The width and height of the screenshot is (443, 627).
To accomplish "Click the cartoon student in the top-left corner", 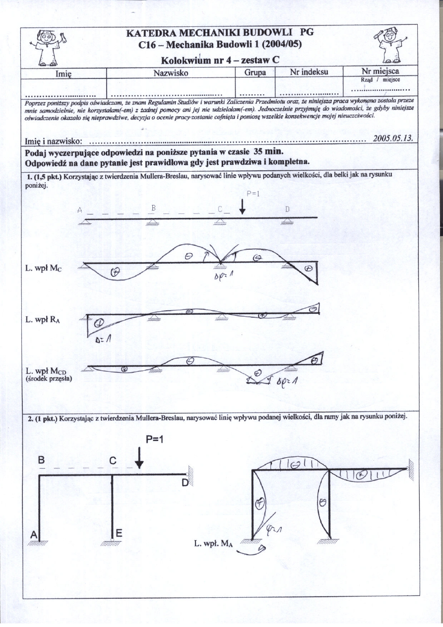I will [x=46, y=48].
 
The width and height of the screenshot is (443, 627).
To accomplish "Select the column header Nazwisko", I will [x=171, y=72].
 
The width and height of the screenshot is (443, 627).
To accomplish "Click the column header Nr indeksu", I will [x=309, y=72].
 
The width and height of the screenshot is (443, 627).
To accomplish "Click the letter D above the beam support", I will [x=287, y=210].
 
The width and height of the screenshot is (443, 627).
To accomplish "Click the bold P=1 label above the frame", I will [x=154, y=440].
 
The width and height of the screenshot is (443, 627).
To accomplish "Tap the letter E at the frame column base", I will [x=119, y=533].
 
